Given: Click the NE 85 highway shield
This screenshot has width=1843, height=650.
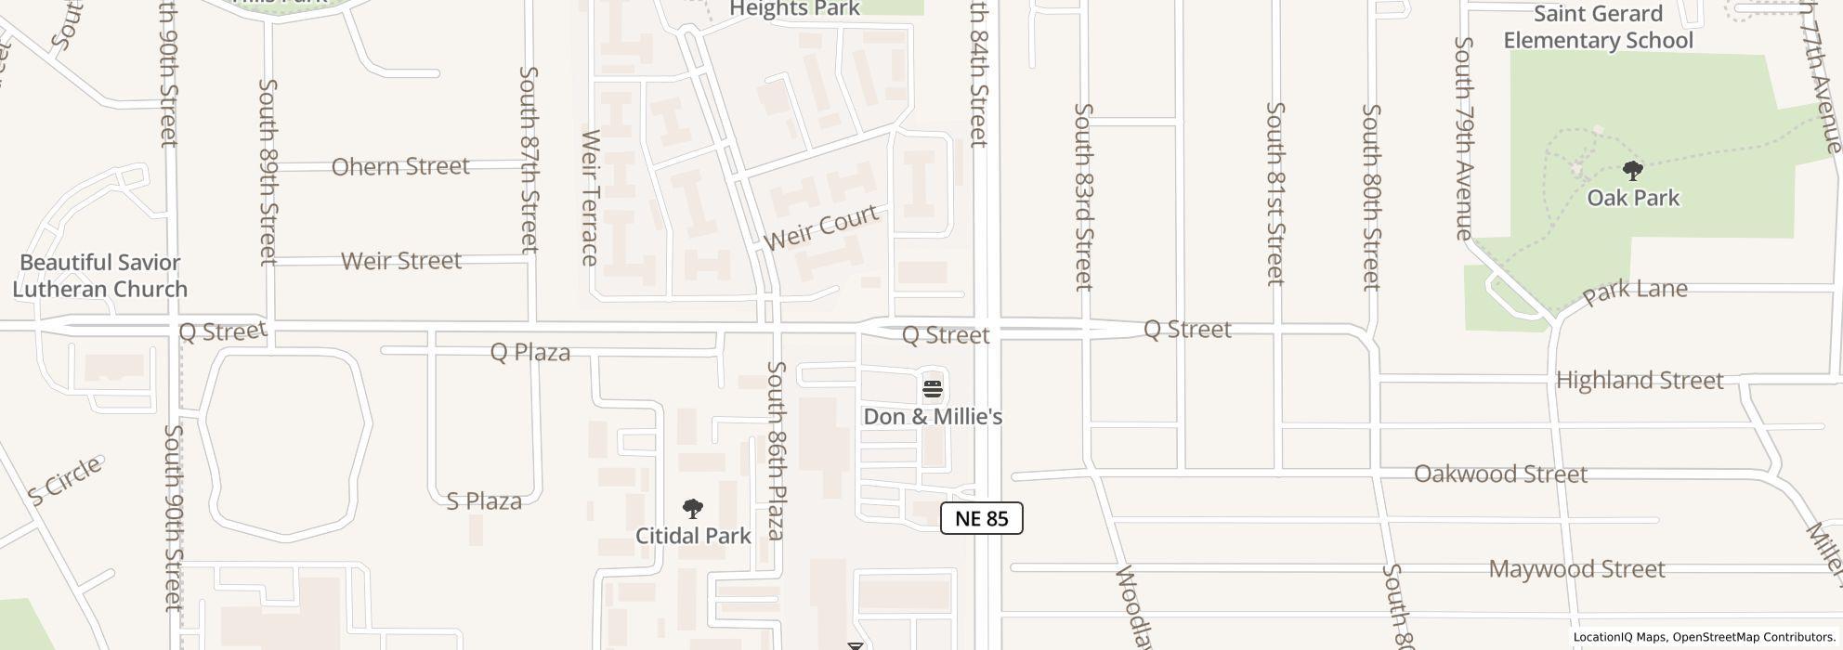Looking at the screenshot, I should [x=981, y=518].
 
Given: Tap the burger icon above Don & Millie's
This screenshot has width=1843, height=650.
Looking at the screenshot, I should [x=933, y=388].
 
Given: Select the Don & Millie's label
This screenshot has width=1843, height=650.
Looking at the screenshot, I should [x=933, y=417].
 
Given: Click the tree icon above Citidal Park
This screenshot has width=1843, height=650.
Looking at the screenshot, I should [x=692, y=509].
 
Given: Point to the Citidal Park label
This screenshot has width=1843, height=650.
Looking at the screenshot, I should [x=693, y=536].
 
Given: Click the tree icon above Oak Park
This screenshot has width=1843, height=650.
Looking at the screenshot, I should [x=1632, y=171].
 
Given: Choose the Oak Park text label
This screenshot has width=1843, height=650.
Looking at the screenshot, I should [x=1632, y=198].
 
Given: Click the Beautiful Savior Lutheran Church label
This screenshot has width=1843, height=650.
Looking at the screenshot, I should [x=99, y=276].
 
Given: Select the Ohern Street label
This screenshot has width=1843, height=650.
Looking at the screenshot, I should [x=400, y=167].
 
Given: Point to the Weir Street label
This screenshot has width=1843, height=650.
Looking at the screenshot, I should [x=401, y=261].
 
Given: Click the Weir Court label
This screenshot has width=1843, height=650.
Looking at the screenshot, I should [x=820, y=227].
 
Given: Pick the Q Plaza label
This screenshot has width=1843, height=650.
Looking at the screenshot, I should [x=529, y=353].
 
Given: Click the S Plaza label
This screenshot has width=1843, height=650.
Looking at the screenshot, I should [x=484, y=501].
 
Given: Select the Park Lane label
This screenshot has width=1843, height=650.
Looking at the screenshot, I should [x=1634, y=292].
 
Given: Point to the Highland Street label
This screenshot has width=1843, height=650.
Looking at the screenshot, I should [x=1639, y=381].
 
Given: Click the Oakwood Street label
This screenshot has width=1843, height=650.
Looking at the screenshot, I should [x=1499, y=474].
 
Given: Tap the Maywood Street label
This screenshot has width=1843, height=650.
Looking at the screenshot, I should [x=1576, y=569].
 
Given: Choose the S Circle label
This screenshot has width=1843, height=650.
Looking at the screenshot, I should [x=64, y=482].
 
